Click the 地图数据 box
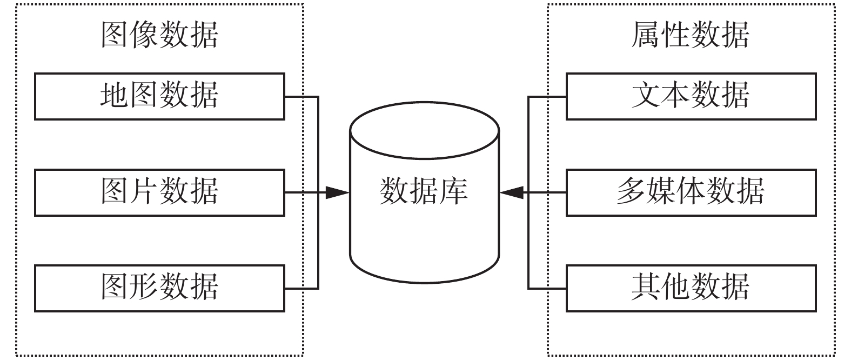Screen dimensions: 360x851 [x=159, y=96]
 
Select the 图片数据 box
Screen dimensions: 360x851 [x=159, y=192]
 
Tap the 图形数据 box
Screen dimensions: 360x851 [x=159, y=288]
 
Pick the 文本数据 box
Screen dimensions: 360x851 [x=691, y=96]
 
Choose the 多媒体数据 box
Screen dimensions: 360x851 [x=691, y=192]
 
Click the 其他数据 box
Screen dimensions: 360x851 [x=691, y=288]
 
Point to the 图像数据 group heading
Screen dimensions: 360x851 [x=159, y=35]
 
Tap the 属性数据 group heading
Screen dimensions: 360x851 [x=691, y=35]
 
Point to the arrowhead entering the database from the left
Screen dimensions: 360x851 [x=338, y=192]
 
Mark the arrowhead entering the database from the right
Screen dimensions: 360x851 [x=511, y=192]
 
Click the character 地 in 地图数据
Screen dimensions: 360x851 [x=115, y=96]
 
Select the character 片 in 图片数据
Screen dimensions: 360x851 [x=145, y=192]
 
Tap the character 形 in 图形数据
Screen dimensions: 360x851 [x=145, y=288]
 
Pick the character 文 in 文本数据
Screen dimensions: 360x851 [x=646, y=96]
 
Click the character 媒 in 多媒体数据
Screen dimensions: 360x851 [x=661, y=192]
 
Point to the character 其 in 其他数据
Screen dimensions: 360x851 [x=646, y=288]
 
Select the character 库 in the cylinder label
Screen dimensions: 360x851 [x=453, y=191]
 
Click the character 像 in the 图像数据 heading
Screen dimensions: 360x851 [x=145, y=35]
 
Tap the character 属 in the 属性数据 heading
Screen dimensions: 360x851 [x=646, y=35]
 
